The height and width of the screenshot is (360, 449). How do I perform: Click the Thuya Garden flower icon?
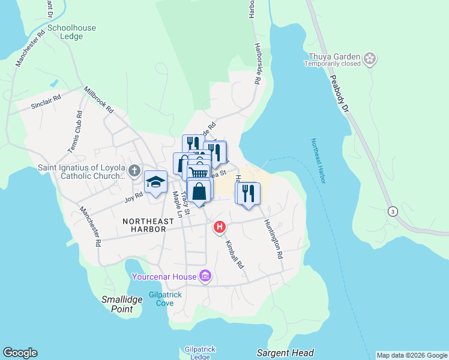370,58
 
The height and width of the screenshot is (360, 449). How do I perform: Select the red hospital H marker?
220,227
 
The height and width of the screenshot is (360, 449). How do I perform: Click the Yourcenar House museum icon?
205,277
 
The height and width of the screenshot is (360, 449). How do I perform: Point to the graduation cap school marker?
155,182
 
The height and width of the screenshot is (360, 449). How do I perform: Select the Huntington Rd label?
273,238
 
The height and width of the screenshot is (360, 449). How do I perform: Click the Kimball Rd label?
235,254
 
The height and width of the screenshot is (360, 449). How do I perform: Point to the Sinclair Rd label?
46,104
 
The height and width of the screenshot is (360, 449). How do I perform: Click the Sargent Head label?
285,353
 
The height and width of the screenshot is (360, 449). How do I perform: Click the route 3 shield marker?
393,211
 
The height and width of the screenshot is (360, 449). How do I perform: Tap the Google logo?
20,353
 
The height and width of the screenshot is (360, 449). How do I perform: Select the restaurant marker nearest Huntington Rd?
247,193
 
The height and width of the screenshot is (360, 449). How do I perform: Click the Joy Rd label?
133,196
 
